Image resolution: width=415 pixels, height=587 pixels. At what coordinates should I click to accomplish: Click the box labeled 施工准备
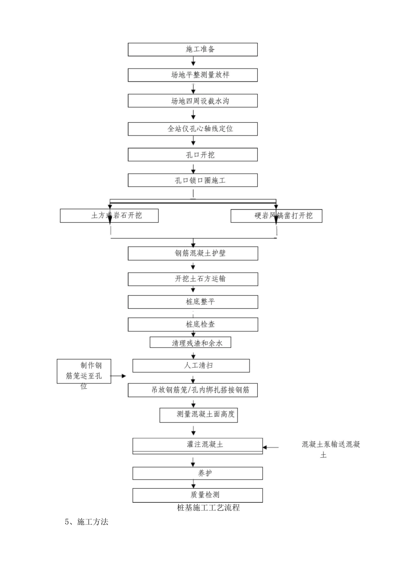click(x=193, y=49)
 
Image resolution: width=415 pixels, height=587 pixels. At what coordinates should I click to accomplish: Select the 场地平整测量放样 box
click(x=193, y=75)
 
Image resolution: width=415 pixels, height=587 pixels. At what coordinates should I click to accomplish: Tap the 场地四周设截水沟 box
click(x=193, y=101)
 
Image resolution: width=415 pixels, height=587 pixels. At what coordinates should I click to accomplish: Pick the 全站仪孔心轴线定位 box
click(x=193, y=129)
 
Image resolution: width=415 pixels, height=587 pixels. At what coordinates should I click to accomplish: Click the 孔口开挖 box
click(x=193, y=155)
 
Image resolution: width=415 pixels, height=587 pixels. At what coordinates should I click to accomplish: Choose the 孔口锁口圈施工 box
click(x=193, y=180)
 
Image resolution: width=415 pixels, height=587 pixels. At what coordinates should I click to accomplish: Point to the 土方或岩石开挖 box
click(x=109, y=216)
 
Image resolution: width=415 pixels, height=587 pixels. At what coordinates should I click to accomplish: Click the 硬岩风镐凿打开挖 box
click(x=276, y=216)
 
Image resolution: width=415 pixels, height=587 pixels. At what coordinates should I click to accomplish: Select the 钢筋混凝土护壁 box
click(x=193, y=253)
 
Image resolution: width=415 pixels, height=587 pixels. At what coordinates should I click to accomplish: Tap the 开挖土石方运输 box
click(x=193, y=279)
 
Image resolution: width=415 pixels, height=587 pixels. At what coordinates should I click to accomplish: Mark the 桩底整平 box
click(x=193, y=302)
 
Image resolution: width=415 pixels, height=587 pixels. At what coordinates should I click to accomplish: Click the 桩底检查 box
click(x=193, y=325)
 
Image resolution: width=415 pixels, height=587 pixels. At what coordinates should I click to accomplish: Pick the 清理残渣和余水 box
click(x=190, y=343)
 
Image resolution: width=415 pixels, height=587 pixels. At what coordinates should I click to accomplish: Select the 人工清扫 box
click(x=191, y=366)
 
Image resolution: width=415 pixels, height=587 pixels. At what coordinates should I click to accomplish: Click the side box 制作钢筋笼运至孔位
click(x=84, y=371)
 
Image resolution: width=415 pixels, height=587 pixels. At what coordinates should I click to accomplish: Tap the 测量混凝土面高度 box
click(x=199, y=415)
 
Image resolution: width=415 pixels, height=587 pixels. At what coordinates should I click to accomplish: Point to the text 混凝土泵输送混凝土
click(x=331, y=449)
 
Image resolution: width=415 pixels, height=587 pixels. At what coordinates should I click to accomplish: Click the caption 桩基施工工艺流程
click(x=208, y=508)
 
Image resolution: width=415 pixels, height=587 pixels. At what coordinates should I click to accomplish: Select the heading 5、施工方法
click(x=86, y=521)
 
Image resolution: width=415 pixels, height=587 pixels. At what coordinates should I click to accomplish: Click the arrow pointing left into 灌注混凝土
click(x=270, y=447)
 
